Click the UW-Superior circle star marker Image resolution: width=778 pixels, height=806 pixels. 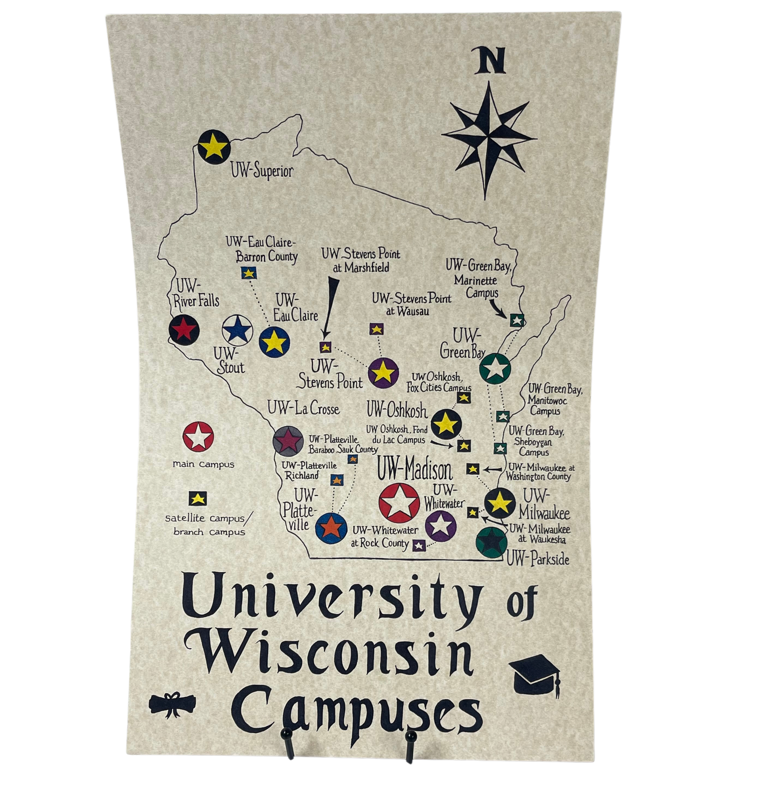(214, 146)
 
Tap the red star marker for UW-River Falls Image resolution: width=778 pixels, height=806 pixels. (184, 329)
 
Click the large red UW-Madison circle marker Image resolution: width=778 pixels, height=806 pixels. (399, 502)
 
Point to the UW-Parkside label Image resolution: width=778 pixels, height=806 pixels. (538, 559)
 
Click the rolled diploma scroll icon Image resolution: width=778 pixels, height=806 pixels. (173, 705)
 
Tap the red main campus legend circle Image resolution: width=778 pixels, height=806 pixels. (198, 436)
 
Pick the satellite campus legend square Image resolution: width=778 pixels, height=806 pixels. (198, 498)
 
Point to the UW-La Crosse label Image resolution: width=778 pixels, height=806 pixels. (303, 408)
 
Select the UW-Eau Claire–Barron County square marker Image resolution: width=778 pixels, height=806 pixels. (248, 273)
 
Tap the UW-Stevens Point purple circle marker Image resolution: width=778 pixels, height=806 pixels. (383, 373)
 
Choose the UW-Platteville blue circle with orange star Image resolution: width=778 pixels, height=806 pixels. (331, 527)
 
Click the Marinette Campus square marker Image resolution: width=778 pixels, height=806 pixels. (516, 320)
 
